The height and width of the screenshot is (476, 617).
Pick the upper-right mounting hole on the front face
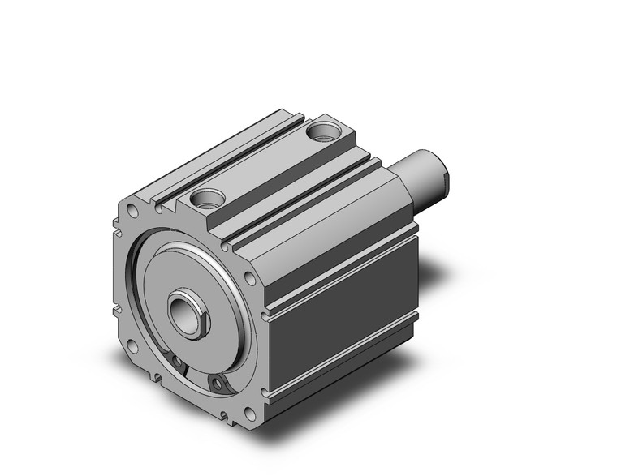point(250,278)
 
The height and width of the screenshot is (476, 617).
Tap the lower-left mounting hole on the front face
point(132,347)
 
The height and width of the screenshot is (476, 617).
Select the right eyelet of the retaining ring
point(216,381)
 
